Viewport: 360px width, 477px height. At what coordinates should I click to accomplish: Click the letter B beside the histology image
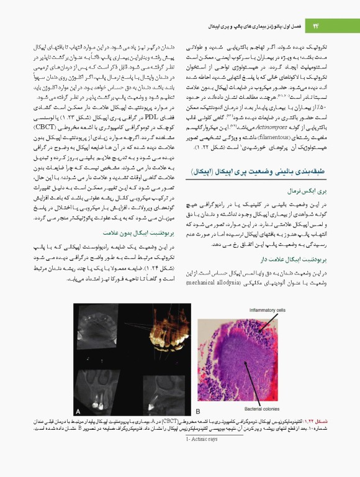[198, 411]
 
